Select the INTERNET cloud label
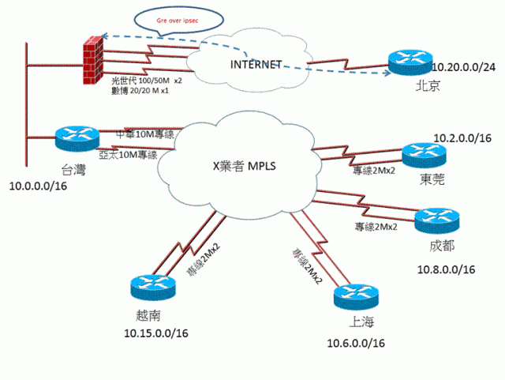coord(255,64)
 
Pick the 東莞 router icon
coord(425,156)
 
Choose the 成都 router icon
coord(436,219)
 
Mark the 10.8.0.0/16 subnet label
coord(446,269)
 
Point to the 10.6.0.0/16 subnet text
coord(356,343)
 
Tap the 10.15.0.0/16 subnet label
coord(155,335)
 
